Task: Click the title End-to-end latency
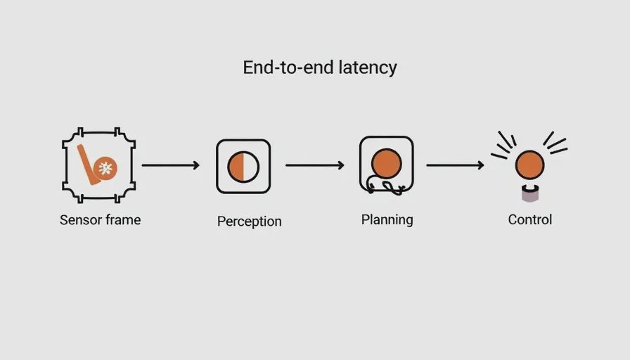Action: pyautogui.click(x=320, y=67)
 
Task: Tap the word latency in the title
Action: pyautogui.click(x=368, y=67)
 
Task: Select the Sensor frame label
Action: pyautogui.click(x=100, y=220)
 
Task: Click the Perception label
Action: pyautogui.click(x=249, y=221)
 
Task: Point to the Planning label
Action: pyautogui.click(x=387, y=220)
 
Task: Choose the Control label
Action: pyautogui.click(x=530, y=219)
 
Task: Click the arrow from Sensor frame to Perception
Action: pyautogui.click(x=170, y=165)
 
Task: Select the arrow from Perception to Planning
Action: pyautogui.click(x=314, y=165)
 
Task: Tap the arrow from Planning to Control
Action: pyautogui.click(x=455, y=165)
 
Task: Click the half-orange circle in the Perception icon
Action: pyautogui.click(x=243, y=167)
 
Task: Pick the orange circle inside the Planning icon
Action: pyautogui.click(x=386, y=164)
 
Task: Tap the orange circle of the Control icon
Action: pyautogui.click(x=530, y=165)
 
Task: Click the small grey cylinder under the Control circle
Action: pyautogui.click(x=530, y=193)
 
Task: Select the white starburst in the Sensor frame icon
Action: pyautogui.click(x=105, y=168)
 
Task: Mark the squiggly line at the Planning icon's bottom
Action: pyautogui.click(x=386, y=187)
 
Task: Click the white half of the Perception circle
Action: pyautogui.click(x=251, y=167)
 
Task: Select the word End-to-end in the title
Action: pyautogui.click(x=288, y=67)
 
